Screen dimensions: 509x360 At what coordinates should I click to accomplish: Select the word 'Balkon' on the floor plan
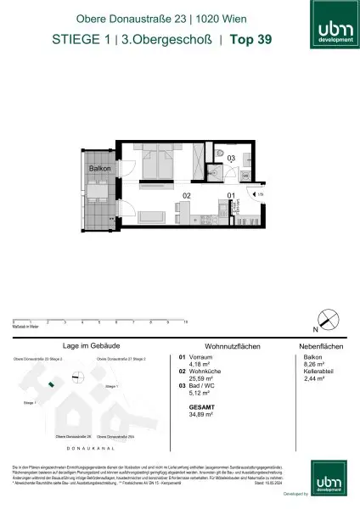(100, 169)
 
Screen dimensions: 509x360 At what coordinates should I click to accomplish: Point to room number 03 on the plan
(231, 158)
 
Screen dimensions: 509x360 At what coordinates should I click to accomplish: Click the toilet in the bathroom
(220, 165)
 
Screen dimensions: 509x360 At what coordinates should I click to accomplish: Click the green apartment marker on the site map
(51, 384)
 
